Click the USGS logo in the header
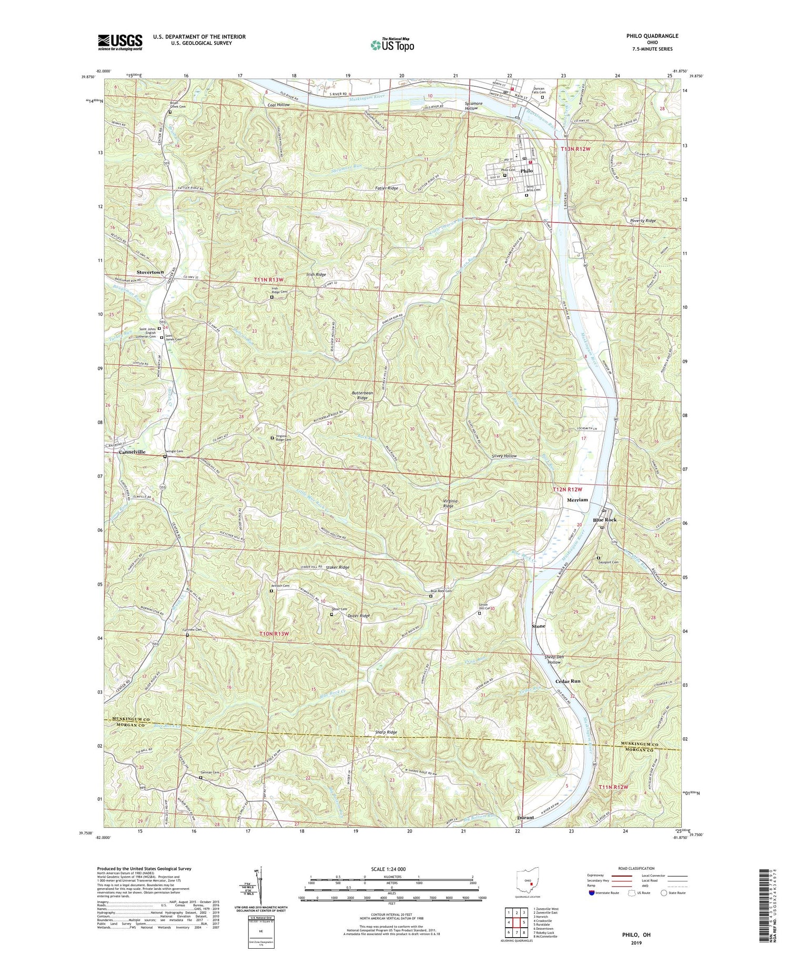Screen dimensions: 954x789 (119, 42)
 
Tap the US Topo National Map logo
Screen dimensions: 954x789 (392, 45)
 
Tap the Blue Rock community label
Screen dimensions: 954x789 (604, 520)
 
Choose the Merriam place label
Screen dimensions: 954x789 (578, 500)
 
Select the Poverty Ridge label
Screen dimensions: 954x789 (643, 221)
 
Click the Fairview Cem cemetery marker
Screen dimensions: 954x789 (188, 635)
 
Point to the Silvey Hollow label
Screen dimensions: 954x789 (503, 456)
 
